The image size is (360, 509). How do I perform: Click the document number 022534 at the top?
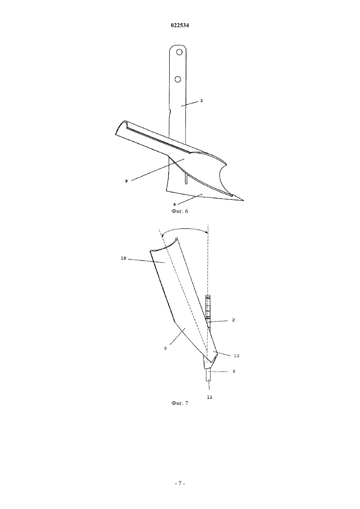(x=180, y=26)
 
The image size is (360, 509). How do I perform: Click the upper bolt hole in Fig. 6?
(x=179, y=52)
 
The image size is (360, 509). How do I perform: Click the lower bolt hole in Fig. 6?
(x=178, y=79)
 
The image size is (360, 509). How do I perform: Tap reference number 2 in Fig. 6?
(x=201, y=101)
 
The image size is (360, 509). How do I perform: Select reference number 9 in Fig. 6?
(x=126, y=181)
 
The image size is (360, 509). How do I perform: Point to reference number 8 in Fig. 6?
(x=174, y=204)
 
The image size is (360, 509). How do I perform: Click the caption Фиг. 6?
(x=180, y=211)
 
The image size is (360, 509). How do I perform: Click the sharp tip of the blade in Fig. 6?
(x=243, y=201)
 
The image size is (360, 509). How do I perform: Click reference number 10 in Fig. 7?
(x=124, y=258)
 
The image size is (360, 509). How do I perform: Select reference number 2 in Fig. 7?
(x=233, y=320)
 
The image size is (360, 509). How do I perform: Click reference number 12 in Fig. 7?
(x=237, y=356)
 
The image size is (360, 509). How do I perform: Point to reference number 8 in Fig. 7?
(x=234, y=372)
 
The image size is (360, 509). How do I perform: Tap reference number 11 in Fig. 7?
(x=209, y=397)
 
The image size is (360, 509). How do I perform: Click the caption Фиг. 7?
(x=180, y=403)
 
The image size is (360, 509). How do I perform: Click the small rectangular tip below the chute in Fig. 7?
(x=208, y=375)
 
